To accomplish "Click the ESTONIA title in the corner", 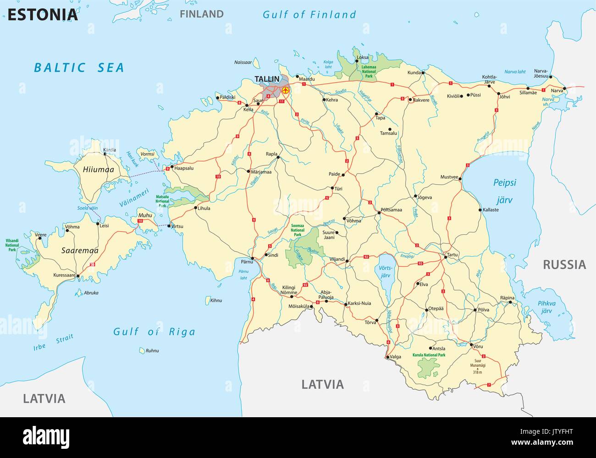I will (x=43, y=15).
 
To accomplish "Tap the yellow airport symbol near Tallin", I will (x=286, y=90).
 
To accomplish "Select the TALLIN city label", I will (x=267, y=79).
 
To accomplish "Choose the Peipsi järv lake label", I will (x=504, y=191).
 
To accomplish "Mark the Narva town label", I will (x=557, y=91).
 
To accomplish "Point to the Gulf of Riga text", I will (x=154, y=332).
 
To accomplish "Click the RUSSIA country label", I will (x=564, y=265).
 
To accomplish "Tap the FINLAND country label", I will (x=201, y=14).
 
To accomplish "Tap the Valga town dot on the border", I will (x=387, y=357).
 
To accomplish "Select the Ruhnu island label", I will (x=152, y=351).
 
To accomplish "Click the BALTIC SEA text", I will (x=79, y=68).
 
